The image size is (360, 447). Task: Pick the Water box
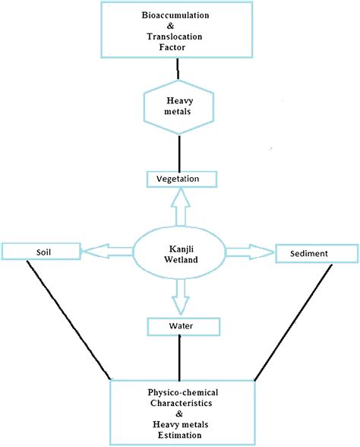tap(182, 326)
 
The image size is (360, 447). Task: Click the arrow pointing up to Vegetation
tap(179, 207)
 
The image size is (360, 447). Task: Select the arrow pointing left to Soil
tap(106, 249)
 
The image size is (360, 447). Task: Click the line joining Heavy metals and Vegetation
tap(178, 152)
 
